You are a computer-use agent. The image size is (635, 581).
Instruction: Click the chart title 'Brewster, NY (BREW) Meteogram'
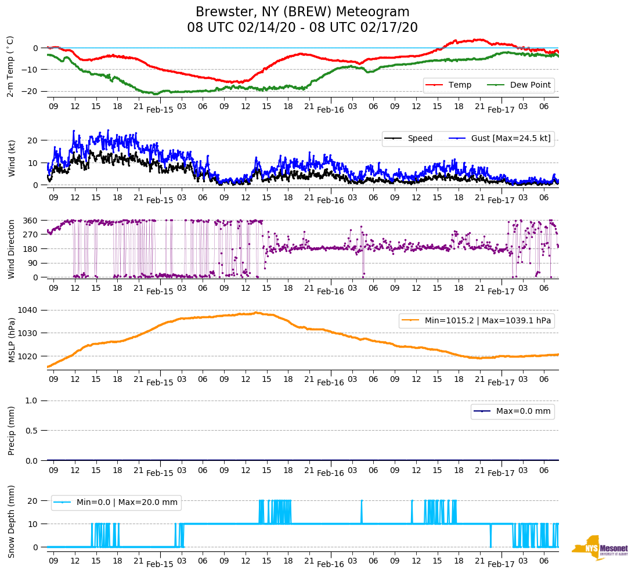coord(302,12)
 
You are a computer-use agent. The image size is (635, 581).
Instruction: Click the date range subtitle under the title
coord(302,28)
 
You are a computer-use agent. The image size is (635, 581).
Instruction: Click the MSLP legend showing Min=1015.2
coord(476,320)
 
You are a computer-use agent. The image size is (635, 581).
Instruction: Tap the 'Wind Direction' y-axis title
coord(12,249)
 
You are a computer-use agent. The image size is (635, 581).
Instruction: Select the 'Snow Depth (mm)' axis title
coord(12,521)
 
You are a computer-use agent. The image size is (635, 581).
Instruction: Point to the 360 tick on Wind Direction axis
coord(31,221)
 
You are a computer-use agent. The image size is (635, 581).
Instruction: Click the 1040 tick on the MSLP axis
coord(29,310)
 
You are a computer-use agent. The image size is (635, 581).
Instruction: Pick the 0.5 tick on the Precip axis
coord(33,431)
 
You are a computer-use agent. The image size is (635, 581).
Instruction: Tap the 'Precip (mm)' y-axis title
coord(12,430)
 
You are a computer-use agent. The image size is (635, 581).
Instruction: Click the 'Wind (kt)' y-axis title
coord(12,158)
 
